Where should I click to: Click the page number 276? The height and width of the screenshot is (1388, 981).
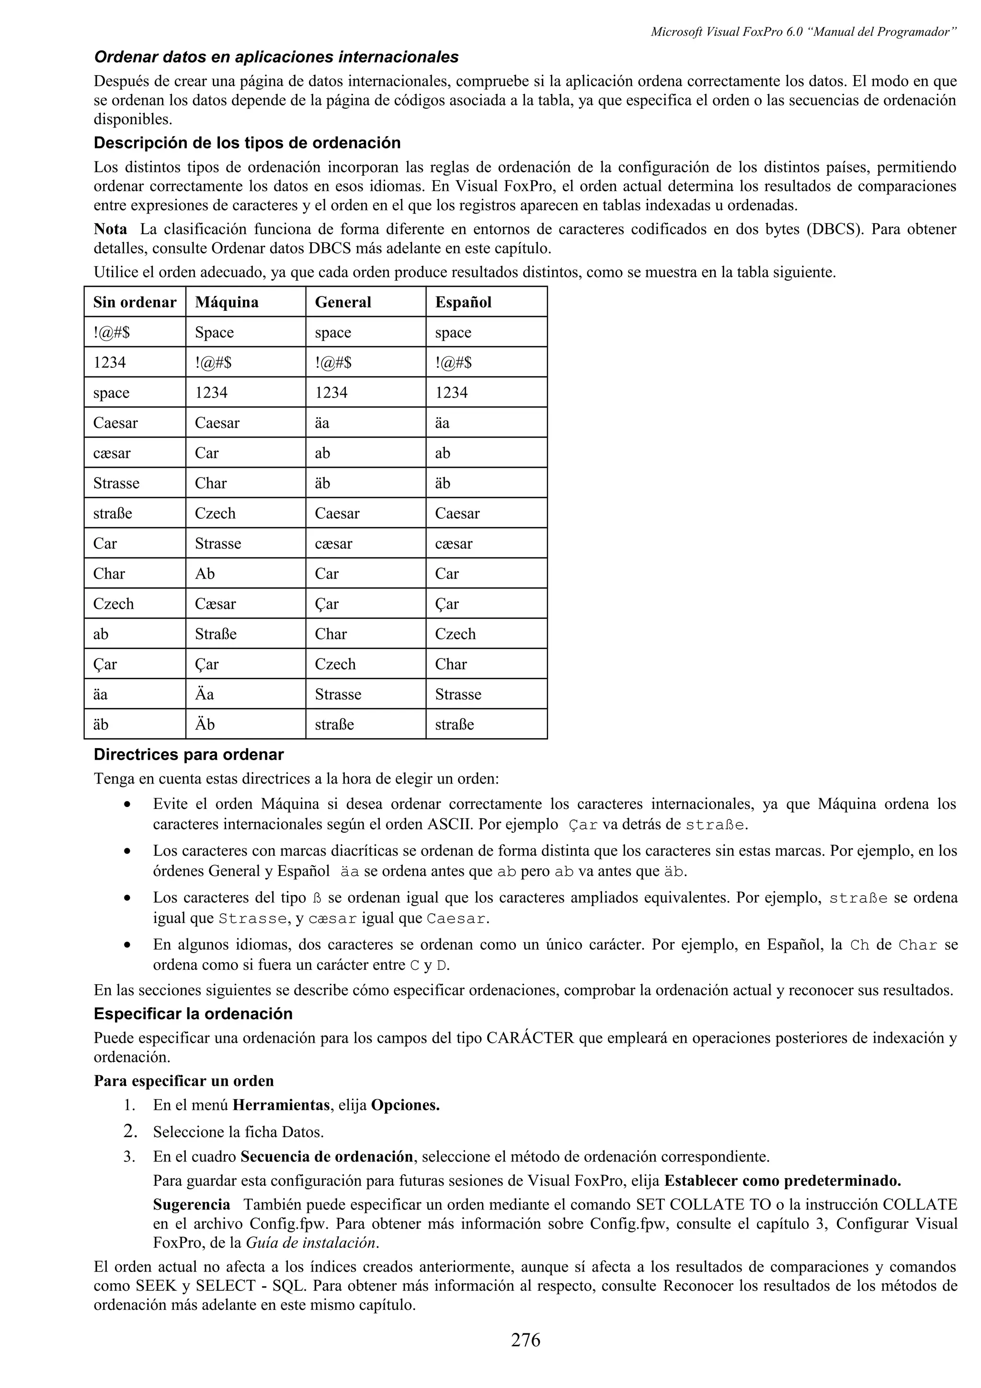(525, 1340)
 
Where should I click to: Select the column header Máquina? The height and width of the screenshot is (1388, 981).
(227, 302)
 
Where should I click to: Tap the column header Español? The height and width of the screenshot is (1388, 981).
(463, 302)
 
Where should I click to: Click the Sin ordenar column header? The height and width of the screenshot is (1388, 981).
(134, 302)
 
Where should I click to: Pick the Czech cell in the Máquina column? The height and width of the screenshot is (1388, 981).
(215, 513)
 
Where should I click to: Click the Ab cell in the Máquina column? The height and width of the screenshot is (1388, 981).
(205, 574)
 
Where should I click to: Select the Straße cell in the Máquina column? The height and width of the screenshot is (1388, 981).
(215, 634)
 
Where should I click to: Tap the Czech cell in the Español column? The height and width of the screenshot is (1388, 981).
(455, 634)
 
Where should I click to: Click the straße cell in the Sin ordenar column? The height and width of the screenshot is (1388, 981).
(113, 513)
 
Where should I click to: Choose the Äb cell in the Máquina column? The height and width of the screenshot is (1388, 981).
(205, 724)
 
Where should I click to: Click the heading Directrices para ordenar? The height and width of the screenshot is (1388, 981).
(189, 754)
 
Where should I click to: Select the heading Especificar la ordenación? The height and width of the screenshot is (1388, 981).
(193, 1014)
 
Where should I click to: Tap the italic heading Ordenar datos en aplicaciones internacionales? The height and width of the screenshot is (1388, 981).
(276, 57)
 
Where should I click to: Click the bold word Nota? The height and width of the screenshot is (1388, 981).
(110, 229)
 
